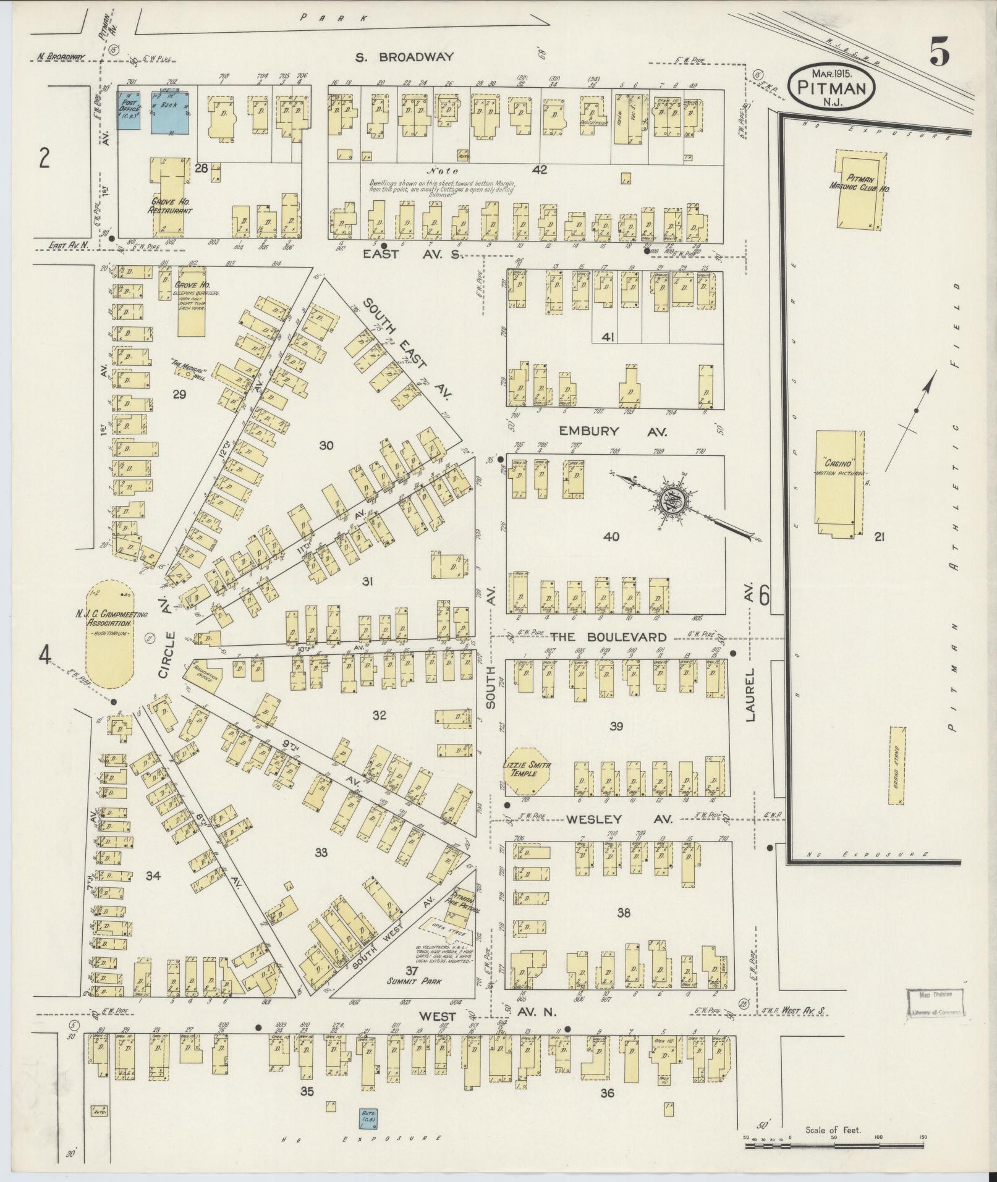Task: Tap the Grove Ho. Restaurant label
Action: point(169,206)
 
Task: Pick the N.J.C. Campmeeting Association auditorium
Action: point(110,633)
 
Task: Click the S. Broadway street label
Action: point(404,57)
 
